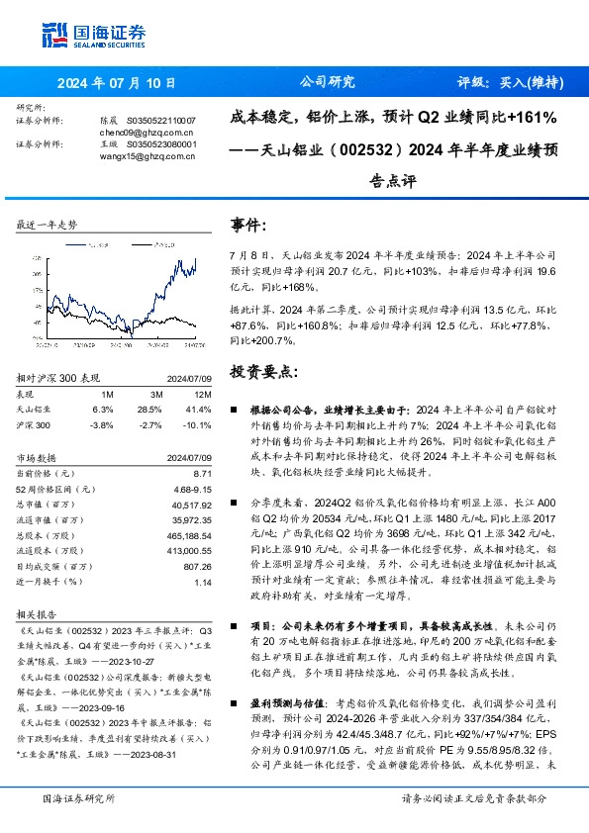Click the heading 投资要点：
click(x=262, y=371)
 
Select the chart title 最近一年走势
click(x=47, y=225)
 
